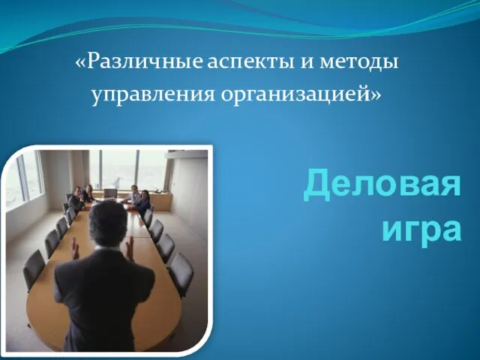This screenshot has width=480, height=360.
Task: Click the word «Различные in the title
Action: pyautogui.click(x=138, y=62)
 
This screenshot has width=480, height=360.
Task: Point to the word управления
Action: pyautogui.click(x=153, y=95)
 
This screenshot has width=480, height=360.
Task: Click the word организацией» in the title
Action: pyautogui.click(x=301, y=95)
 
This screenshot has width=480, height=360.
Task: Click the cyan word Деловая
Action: pyautogui.click(x=382, y=186)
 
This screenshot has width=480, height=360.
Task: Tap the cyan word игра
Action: pyautogui.click(x=421, y=229)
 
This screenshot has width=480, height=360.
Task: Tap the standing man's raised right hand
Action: pyautogui.click(x=130, y=247)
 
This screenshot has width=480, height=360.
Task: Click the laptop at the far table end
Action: pyautogui.click(x=110, y=193)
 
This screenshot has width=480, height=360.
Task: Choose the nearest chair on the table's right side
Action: pyautogui.click(x=181, y=272)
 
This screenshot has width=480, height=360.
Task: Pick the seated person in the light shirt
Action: pyautogui.click(x=132, y=195)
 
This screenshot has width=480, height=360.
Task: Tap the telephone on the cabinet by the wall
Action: pyautogui.click(x=159, y=190)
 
